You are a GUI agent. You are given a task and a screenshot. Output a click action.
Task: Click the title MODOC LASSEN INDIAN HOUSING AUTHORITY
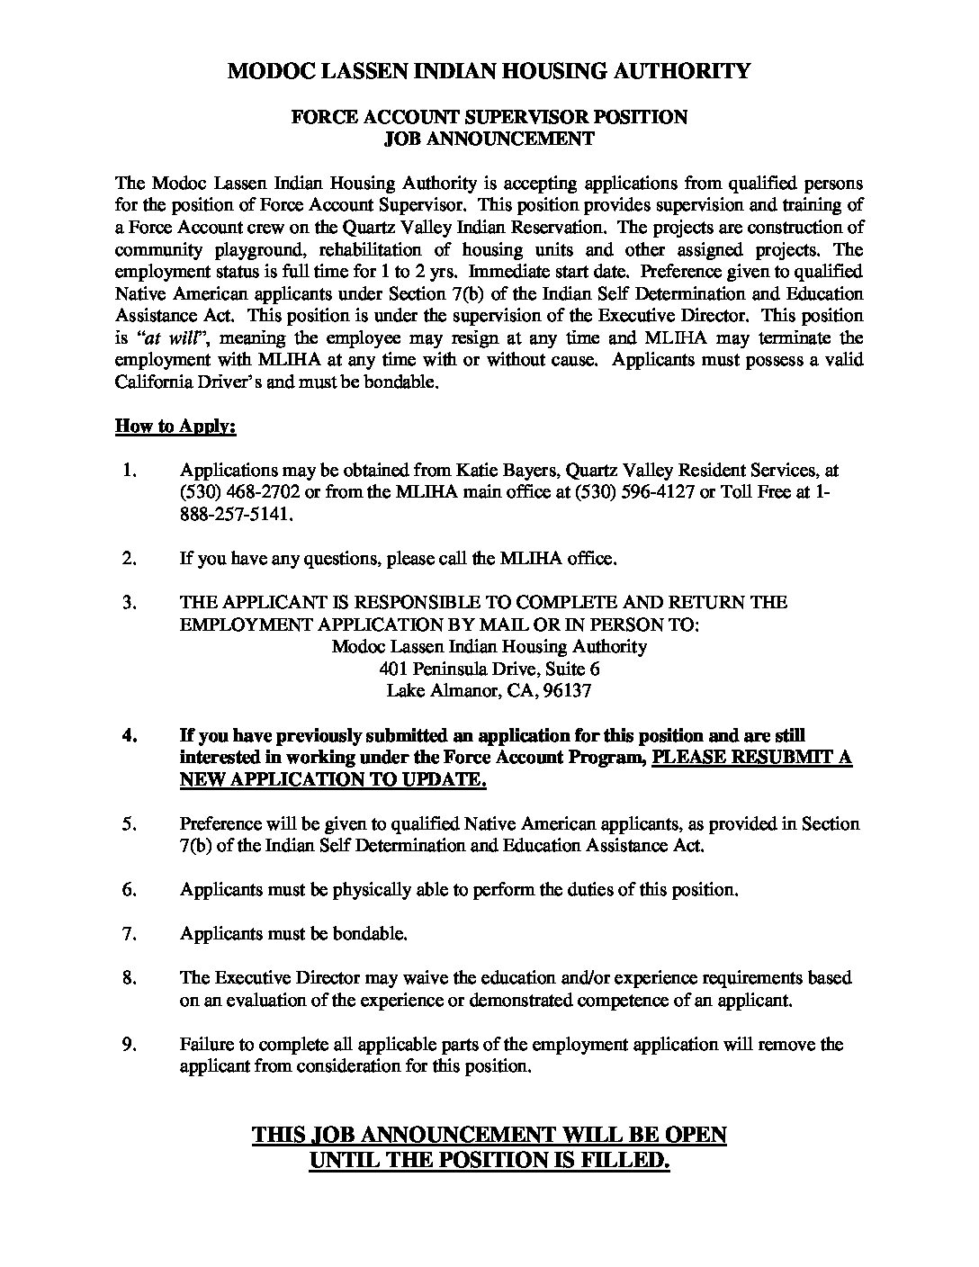point(489,71)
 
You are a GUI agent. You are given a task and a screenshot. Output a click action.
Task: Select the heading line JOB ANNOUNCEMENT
point(489,139)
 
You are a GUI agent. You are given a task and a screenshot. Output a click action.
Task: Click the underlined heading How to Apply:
point(175,426)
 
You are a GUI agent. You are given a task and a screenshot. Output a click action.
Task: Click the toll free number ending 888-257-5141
point(236,515)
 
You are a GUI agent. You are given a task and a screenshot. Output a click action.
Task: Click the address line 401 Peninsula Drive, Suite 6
point(489,669)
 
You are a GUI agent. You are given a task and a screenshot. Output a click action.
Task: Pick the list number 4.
point(129,735)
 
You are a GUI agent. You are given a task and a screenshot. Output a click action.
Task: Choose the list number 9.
point(129,1044)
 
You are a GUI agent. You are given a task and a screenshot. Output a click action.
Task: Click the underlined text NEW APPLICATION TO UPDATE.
point(333,779)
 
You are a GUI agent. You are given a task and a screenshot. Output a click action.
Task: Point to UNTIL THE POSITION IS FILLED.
point(489,1161)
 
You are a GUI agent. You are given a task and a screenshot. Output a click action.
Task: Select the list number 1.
point(129,470)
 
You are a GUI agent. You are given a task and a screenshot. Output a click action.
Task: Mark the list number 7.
point(129,933)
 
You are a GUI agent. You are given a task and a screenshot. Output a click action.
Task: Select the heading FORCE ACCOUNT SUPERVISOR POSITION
point(489,117)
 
